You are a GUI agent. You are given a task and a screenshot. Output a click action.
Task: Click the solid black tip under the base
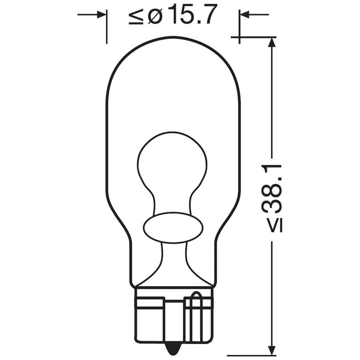pyautogui.click(x=173, y=347)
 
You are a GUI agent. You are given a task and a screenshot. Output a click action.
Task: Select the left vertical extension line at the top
pyautogui.click(x=107, y=27)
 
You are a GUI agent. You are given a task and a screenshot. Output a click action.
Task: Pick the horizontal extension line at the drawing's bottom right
pyautogui.click(x=252, y=354)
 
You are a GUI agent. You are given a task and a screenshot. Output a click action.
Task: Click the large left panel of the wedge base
pyautogui.click(x=149, y=320)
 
